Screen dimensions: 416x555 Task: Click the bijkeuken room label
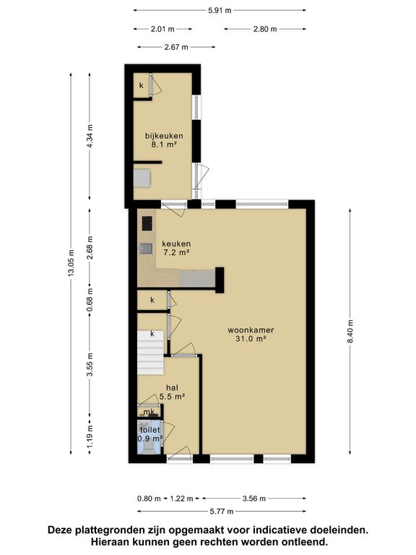[164, 136]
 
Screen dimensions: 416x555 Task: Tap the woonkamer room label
[251, 330]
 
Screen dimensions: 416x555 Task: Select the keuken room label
[176, 244]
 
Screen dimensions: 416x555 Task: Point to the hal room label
[172, 387]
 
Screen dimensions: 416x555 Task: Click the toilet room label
[150, 430]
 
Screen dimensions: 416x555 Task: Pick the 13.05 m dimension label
[71, 263]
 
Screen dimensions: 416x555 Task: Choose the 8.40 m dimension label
[350, 331]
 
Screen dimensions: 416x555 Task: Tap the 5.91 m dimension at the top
[220, 10]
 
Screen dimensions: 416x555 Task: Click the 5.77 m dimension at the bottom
[222, 511]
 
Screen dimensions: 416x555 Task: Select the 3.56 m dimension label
[254, 499]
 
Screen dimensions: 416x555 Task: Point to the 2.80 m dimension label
[265, 29]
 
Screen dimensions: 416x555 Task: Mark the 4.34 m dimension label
[90, 137]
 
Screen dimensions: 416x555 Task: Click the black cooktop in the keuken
[147, 223]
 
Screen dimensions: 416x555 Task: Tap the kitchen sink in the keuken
[146, 249]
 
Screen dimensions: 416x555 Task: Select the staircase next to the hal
[150, 353]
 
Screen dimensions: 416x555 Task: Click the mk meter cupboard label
[149, 412]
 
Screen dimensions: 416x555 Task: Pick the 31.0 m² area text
[251, 339]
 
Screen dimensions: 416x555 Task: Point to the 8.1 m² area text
[164, 145]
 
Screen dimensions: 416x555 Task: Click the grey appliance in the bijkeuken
[142, 178]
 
